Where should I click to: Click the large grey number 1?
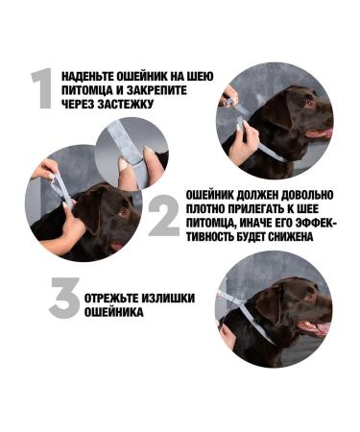click(x=40, y=88)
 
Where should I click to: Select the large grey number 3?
click(x=64, y=299)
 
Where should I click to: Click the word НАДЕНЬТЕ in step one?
click(x=87, y=73)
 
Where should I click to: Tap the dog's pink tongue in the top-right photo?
click(x=324, y=133)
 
